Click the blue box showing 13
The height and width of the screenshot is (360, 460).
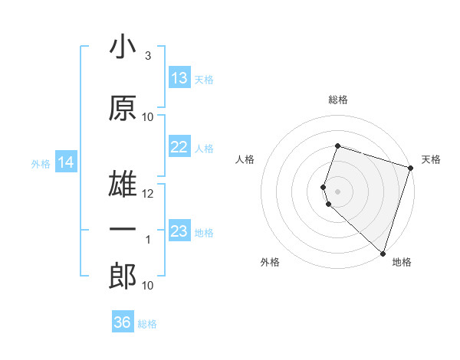179,78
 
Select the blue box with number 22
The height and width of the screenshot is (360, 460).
179,147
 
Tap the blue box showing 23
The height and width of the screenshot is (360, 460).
179,231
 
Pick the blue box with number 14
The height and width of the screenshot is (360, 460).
66,162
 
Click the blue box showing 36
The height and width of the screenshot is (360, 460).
123,322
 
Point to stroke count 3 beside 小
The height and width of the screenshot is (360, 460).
147,55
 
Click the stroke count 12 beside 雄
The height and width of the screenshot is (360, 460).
148,194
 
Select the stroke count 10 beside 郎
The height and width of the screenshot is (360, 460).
148,286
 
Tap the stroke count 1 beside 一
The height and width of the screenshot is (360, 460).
148,240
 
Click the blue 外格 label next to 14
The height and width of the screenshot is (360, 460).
40,163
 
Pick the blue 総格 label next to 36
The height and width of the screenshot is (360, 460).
147,323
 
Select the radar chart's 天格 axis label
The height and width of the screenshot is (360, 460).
431,159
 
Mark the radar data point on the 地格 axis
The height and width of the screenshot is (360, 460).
383,253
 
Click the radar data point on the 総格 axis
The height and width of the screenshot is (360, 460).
337,146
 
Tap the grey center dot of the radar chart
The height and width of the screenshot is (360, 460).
337,190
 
